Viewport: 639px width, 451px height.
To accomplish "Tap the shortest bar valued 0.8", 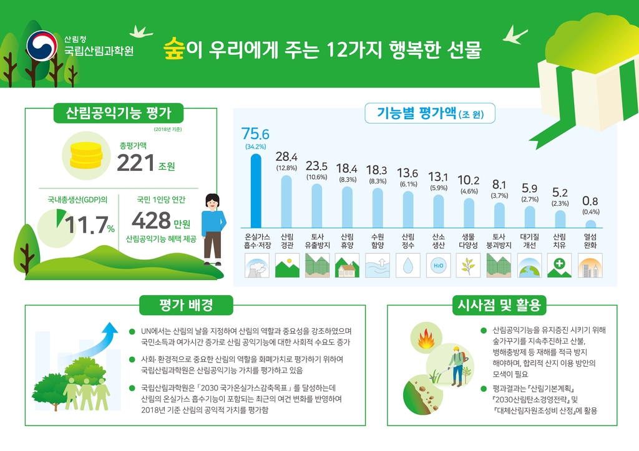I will tap(590, 224).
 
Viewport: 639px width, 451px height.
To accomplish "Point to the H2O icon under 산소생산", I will tap(438, 266).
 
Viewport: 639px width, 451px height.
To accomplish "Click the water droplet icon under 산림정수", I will tap(407, 266).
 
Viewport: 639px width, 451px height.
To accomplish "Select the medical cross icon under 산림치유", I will tap(559, 266).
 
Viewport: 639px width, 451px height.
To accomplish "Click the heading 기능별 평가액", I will tap(417, 114).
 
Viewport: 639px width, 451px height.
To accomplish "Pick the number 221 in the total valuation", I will tap(135, 163).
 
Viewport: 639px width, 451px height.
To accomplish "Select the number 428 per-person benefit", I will tap(150, 221).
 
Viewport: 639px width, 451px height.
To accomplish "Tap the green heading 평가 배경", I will tap(186, 305).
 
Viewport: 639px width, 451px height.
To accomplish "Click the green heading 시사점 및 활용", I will tap(502, 305).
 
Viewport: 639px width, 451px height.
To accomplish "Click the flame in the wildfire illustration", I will tap(427, 341).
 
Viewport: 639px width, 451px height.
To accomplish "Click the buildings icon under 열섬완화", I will tap(590, 266).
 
